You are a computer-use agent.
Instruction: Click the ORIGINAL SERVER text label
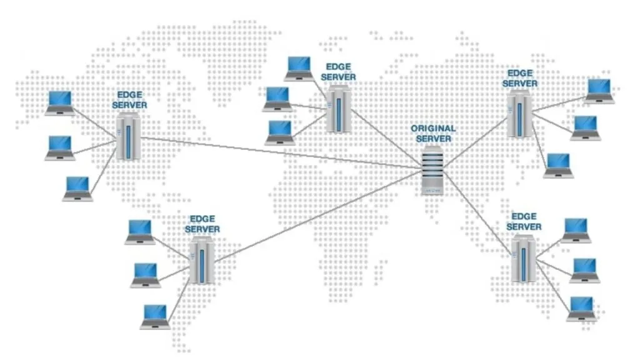pyautogui.click(x=433, y=134)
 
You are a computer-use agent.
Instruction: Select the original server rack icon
pyautogui.click(x=432, y=170)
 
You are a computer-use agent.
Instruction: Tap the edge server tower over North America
pyautogui.click(x=128, y=137)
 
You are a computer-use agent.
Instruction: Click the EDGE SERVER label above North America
pyautogui.click(x=129, y=100)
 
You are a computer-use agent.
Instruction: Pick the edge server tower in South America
pyautogui.click(x=202, y=261)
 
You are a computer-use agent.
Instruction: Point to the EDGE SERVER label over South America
pyautogui.click(x=202, y=224)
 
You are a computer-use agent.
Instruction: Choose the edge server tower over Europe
pyautogui.click(x=338, y=109)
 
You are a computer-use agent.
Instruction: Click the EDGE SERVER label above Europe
pyautogui.click(x=338, y=72)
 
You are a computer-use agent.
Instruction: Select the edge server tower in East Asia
pyautogui.click(x=519, y=114)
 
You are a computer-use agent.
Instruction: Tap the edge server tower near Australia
pyautogui.click(x=523, y=258)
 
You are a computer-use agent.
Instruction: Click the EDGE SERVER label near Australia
pyautogui.click(x=524, y=222)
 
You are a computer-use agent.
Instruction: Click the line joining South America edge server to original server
pyautogui.click(x=318, y=217)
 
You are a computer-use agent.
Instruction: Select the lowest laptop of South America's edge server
pyautogui.click(x=156, y=317)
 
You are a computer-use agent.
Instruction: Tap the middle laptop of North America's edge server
pyautogui.click(x=59, y=147)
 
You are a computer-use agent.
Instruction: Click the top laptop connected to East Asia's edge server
pyautogui.click(x=599, y=91)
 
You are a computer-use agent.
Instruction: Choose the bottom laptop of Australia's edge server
pyautogui.click(x=581, y=309)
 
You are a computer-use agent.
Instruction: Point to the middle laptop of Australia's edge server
pyautogui.click(x=584, y=271)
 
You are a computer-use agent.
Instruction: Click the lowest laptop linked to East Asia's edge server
pyautogui.click(x=558, y=166)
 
